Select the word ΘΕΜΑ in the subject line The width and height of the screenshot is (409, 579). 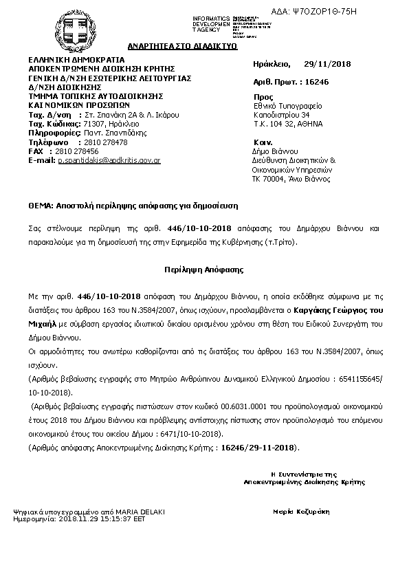[38, 206]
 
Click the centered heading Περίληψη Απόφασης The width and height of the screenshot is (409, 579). [204, 270]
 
